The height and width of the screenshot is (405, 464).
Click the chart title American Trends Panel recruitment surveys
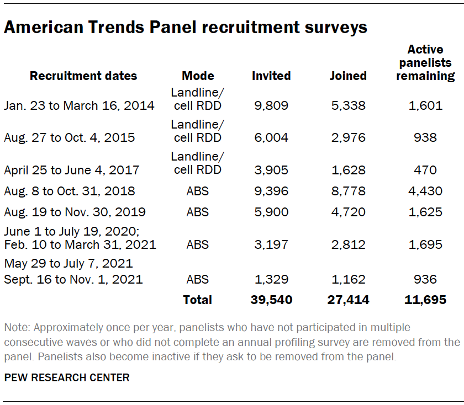(186, 28)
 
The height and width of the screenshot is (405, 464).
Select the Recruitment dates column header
(83, 76)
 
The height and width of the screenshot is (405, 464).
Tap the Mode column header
(197, 76)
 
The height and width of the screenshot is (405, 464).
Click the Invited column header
(271, 76)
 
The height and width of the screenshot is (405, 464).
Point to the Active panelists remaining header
(425, 63)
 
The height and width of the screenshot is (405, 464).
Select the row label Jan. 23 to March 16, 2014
(79, 105)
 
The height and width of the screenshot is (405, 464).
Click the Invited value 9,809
(271, 105)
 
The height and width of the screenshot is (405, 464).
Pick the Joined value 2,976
(347, 137)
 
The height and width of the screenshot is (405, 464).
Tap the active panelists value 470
(425, 170)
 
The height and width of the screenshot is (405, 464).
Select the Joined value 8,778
(347, 191)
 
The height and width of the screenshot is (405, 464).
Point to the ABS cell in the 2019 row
(197, 212)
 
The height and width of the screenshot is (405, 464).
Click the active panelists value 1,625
(425, 212)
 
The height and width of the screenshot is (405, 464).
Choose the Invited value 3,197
(271, 244)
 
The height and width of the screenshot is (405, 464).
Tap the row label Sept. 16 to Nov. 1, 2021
(73, 279)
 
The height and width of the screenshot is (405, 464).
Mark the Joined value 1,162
(347, 279)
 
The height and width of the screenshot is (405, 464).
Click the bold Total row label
(197, 300)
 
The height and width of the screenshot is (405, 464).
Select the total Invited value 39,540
(271, 300)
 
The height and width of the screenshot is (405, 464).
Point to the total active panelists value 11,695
(425, 300)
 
